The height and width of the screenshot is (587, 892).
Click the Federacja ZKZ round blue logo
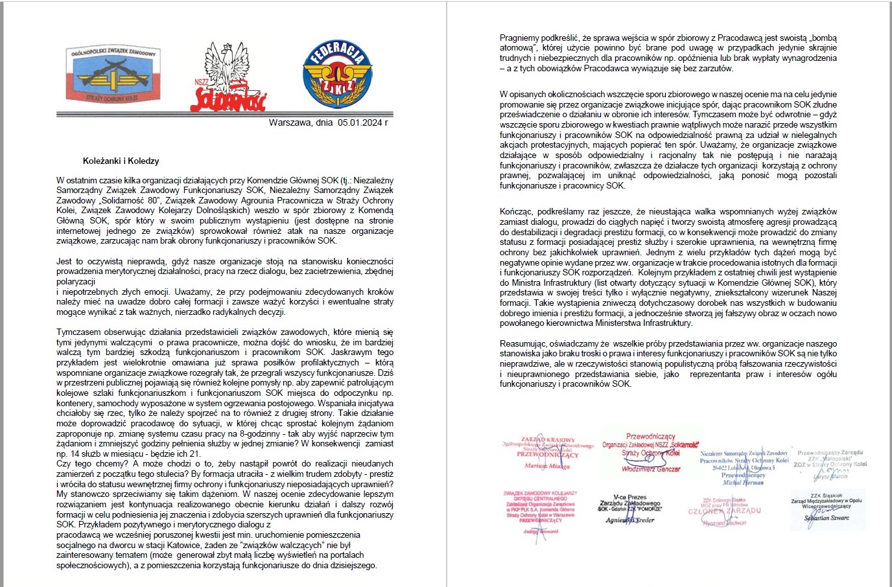tap(337, 73)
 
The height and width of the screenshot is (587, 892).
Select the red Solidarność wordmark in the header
tap(228, 98)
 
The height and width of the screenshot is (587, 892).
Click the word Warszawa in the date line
tap(289, 122)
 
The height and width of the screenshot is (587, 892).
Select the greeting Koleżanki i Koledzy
tap(121, 161)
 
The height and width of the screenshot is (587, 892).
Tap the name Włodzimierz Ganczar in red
tap(651, 468)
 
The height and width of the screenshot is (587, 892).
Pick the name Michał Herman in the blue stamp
tap(744, 483)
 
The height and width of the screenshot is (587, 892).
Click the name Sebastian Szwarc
tap(827, 518)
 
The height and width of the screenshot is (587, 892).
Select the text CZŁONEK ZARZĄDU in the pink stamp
tap(724, 511)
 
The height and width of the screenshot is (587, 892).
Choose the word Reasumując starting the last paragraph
tap(521, 343)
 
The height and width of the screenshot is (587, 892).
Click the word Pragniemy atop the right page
tap(521, 38)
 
